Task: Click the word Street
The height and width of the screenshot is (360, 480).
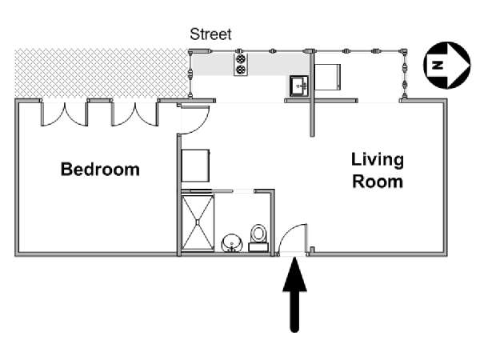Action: [210, 34]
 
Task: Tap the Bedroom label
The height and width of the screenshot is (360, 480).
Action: [100, 169]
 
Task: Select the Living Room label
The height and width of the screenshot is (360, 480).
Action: [378, 170]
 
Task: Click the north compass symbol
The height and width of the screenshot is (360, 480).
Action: [447, 66]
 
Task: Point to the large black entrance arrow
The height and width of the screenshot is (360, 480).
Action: [294, 294]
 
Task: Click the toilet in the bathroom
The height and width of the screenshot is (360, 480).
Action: [258, 238]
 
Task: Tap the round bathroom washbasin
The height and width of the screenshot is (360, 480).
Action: [232, 243]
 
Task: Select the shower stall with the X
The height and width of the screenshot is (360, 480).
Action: [198, 223]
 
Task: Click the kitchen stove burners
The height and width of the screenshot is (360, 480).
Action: [241, 65]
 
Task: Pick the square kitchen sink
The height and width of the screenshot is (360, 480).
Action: [298, 86]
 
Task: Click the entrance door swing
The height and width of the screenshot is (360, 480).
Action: [292, 238]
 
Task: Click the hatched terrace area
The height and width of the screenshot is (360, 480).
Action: [101, 74]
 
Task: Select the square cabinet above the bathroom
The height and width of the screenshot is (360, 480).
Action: [196, 166]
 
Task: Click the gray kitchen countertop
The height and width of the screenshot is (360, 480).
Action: [250, 64]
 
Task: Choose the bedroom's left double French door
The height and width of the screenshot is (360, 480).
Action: [65, 114]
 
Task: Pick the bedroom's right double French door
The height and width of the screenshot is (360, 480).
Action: [135, 114]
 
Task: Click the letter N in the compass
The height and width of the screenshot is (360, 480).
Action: [438, 66]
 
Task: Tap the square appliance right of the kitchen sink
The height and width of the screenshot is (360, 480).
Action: [327, 77]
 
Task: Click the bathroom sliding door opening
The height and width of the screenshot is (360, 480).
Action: [243, 191]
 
